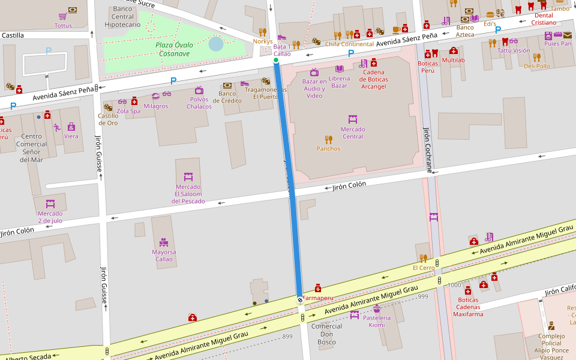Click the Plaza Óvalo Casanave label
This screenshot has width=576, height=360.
click(x=173, y=49)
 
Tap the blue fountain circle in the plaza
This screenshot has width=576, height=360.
click(x=215, y=44)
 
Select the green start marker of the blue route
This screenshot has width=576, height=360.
click(x=276, y=61)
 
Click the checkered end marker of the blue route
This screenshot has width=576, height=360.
click(x=300, y=299)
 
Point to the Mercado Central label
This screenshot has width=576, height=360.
click(x=353, y=133)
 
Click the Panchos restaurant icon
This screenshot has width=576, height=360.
click(x=328, y=139)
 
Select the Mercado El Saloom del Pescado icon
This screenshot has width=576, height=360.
click(x=188, y=177)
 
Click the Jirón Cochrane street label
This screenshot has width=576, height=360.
click(x=428, y=150)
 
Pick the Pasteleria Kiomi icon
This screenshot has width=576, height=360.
click(x=377, y=308)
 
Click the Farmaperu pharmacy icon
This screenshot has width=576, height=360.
click(x=318, y=288)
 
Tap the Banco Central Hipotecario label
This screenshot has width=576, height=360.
click(x=122, y=17)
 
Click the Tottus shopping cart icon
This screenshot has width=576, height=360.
click(x=63, y=16)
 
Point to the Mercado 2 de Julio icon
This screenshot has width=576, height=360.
click(x=50, y=204)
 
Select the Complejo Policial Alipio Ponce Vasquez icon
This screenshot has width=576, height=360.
click(x=551, y=326)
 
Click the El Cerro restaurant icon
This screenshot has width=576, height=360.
click(x=423, y=258)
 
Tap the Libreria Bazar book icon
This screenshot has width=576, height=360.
click(x=340, y=69)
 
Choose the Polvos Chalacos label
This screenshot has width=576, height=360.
click(x=199, y=103)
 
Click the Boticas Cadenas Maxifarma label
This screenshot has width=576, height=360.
click(x=468, y=307)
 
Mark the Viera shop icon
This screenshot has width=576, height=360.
click(x=71, y=127)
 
